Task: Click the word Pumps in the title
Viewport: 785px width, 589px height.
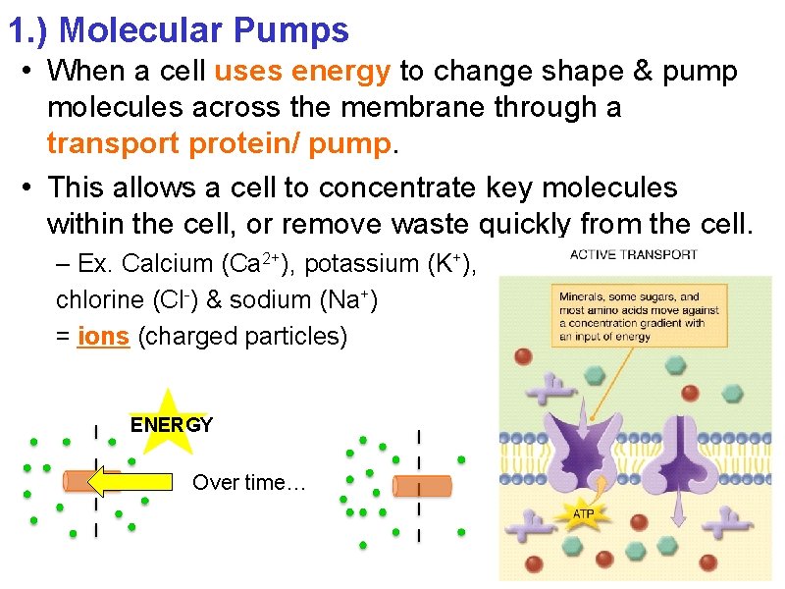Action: pyautogui.click(x=292, y=30)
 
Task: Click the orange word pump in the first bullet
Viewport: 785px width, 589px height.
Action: pyautogui.click(x=349, y=144)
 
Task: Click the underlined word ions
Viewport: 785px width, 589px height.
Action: pyautogui.click(x=104, y=336)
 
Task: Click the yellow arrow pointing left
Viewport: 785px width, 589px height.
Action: pyautogui.click(x=136, y=482)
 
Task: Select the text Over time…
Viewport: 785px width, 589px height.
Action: pyautogui.click(x=249, y=482)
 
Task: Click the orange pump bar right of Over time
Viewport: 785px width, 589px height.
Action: pyautogui.click(x=422, y=486)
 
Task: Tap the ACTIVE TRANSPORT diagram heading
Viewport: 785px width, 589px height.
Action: pyautogui.click(x=634, y=255)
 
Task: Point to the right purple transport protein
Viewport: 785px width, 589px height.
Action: pyautogui.click(x=691, y=452)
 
